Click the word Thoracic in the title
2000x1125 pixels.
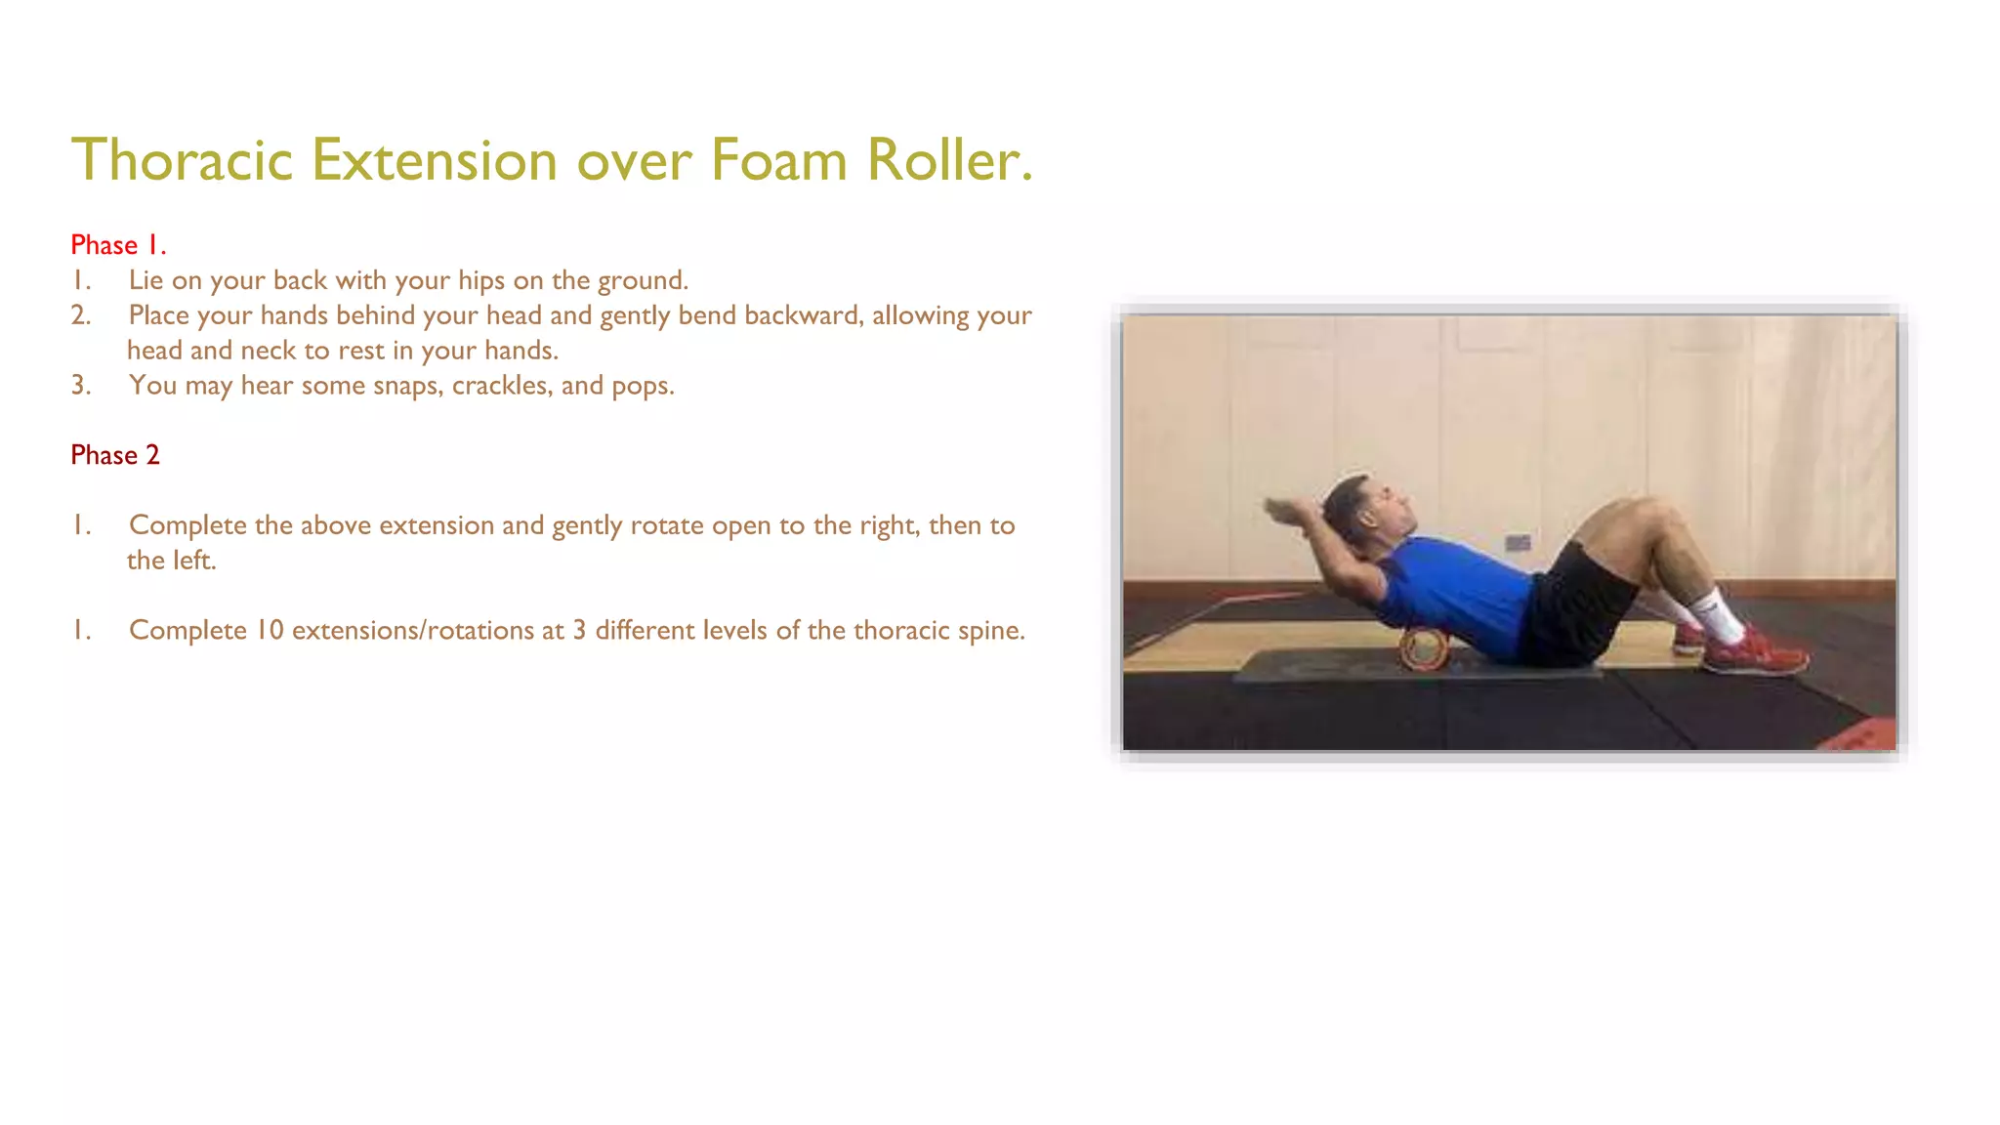pos(183,160)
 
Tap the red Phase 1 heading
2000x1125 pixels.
pos(118,245)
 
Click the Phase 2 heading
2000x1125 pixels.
pos(114,455)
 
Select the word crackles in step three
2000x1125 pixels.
pos(502,386)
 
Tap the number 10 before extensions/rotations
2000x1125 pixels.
pos(270,631)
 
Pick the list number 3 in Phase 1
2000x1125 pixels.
pos(81,386)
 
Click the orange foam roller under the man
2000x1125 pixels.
pos(1423,649)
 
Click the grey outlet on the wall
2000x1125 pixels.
pos(1517,543)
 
